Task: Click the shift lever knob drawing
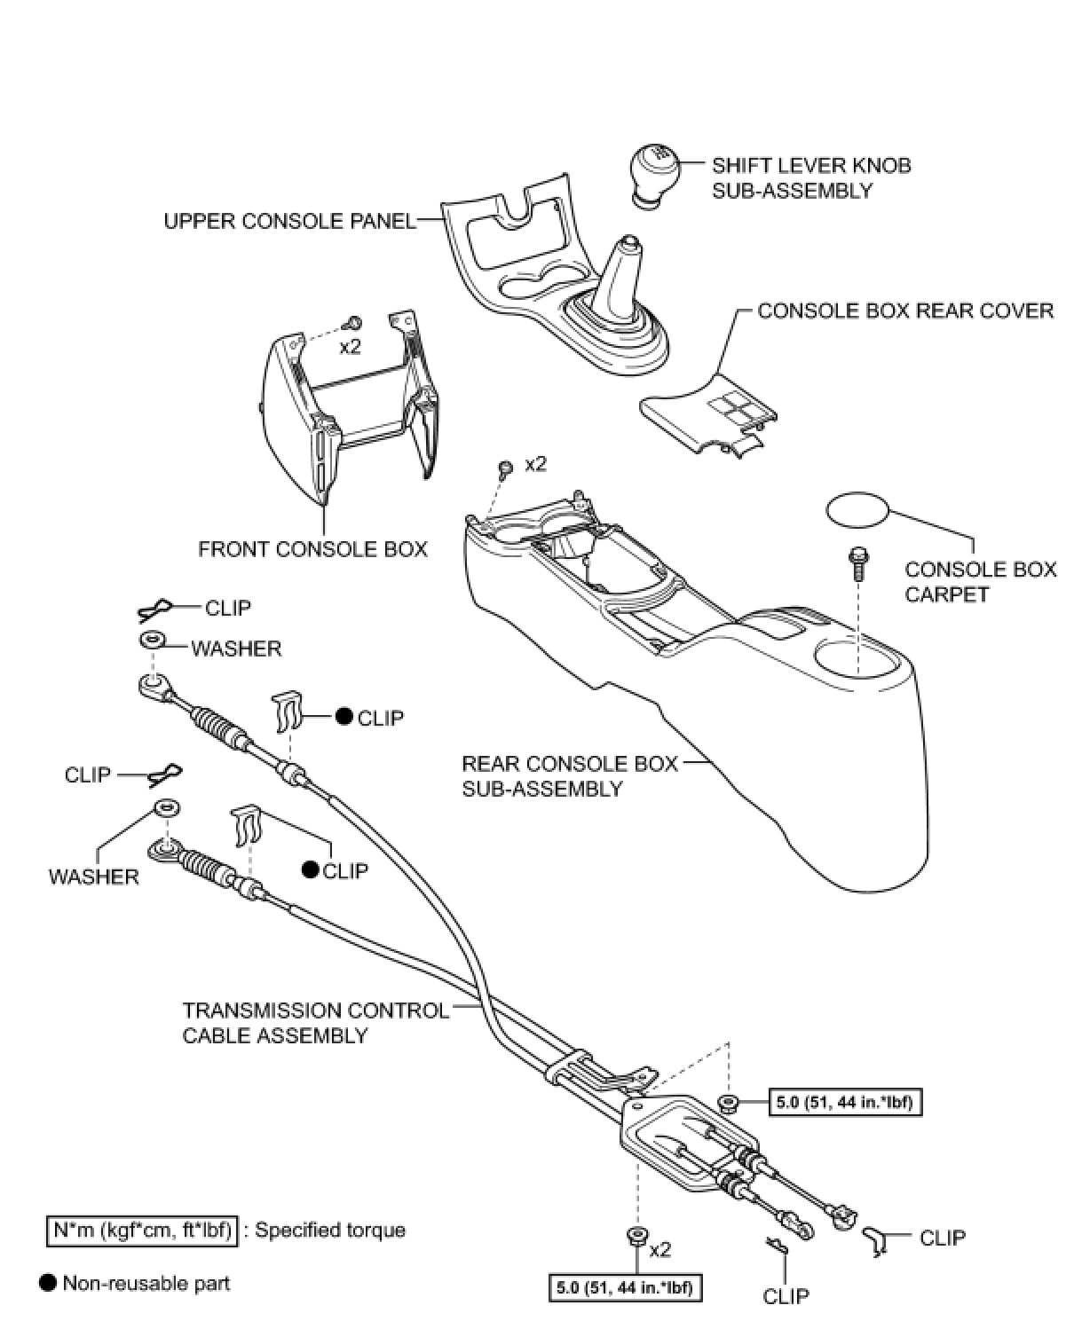click(x=652, y=175)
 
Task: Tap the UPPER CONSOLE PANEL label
click(x=289, y=221)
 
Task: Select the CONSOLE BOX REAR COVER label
click(x=905, y=311)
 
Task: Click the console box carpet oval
click(x=857, y=511)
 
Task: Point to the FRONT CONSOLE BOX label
click(x=312, y=549)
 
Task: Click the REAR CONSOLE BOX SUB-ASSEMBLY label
click(x=569, y=775)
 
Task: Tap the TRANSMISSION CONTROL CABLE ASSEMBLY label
click(x=315, y=1022)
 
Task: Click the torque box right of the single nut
click(x=843, y=1103)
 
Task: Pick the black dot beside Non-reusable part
click(x=48, y=1282)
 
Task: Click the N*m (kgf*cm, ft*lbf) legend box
click(x=142, y=1231)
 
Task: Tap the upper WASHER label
click(x=236, y=649)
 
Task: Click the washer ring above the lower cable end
click(x=165, y=808)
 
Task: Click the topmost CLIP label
click(x=228, y=608)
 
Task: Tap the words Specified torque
click(x=329, y=1231)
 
